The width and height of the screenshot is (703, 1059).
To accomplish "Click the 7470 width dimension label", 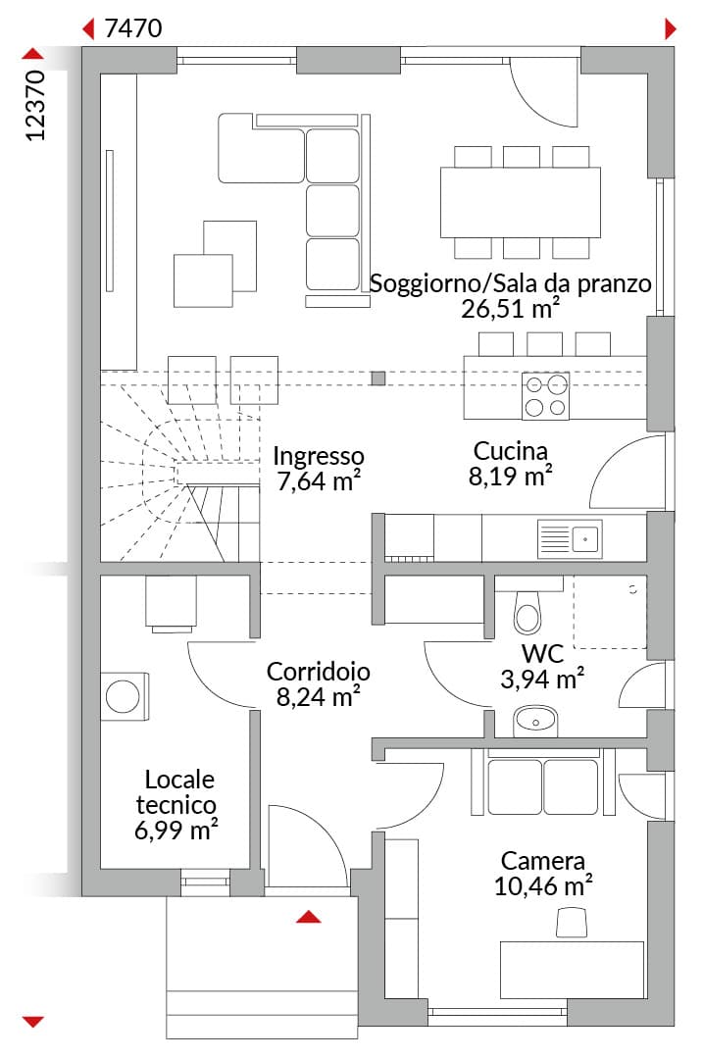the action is pos(133,28).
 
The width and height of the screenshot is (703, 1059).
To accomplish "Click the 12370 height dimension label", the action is pos(35,105).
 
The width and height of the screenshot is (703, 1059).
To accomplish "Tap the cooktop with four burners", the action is pos(546,396).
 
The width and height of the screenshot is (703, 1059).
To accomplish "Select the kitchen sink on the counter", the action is pos(570,539).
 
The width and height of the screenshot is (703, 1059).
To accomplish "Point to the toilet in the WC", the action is pos(527,611).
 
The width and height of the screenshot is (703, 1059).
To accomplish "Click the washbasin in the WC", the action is pos(534,722).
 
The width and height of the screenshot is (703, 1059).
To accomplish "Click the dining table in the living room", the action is pos(520,202).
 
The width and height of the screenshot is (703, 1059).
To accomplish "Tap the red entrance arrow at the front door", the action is pos(309,917).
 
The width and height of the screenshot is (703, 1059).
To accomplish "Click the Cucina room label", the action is pos(511,450).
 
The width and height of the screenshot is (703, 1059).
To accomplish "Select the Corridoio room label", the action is pos(318,672).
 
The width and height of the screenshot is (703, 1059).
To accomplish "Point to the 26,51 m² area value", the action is pos(511,309).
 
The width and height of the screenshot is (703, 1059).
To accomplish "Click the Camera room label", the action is pos(543,861).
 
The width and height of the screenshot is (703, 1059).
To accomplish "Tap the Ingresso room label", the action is pos(318,457).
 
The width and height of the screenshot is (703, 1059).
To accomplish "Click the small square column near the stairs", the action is pos(378,378).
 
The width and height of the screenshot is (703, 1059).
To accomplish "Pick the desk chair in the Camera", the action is pos(572,923).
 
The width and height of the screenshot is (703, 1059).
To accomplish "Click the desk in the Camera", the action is pos(572,970).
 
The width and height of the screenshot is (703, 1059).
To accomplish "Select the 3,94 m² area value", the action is pos(542,679).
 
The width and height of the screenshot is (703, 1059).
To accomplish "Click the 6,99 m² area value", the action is pos(176,831).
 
